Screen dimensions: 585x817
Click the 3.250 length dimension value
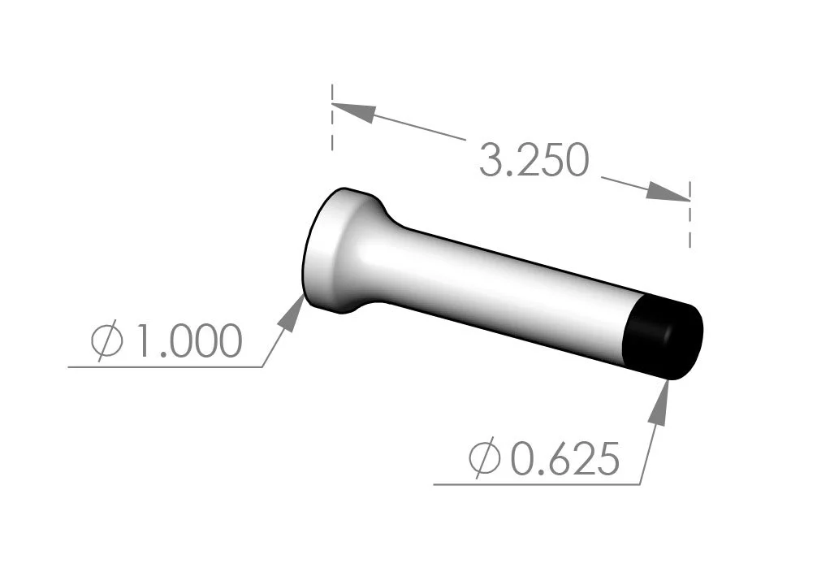pyautogui.click(x=533, y=160)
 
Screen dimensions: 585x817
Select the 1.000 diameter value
pyautogui.click(x=186, y=342)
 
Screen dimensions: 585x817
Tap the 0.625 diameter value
pyautogui.click(x=564, y=460)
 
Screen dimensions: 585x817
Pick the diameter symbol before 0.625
pyautogui.click(x=485, y=460)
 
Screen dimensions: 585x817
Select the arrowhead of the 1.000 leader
pyautogui.click(x=292, y=313)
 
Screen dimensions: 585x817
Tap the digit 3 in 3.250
pyautogui.click(x=492, y=160)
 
